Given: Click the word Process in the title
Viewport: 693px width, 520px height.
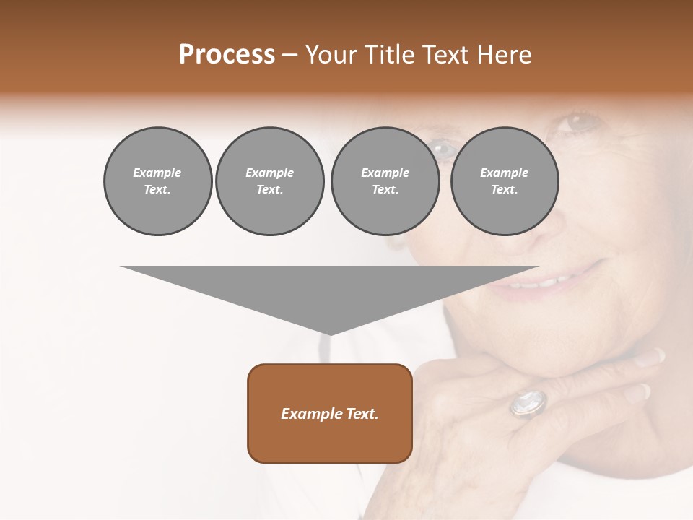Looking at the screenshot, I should (x=227, y=55).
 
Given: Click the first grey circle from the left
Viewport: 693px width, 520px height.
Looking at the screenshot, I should (x=157, y=181).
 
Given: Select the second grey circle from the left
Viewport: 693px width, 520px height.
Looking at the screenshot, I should (x=269, y=181).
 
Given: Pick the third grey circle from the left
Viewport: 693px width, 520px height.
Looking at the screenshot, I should (x=385, y=181).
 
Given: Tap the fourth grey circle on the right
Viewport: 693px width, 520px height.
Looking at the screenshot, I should (x=504, y=181).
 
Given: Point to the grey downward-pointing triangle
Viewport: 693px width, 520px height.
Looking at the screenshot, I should (x=329, y=289).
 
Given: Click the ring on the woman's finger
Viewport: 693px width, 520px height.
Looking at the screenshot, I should (x=528, y=403).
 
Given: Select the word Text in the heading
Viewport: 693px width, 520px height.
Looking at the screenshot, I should (x=449, y=55).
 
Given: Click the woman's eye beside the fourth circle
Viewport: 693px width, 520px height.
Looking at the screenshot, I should (x=577, y=123).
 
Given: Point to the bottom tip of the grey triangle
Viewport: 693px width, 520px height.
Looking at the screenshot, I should (x=330, y=333).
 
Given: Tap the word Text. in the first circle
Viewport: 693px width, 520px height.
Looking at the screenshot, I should (x=157, y=190).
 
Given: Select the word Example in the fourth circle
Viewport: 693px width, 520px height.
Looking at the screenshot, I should (x=504, y=173).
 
